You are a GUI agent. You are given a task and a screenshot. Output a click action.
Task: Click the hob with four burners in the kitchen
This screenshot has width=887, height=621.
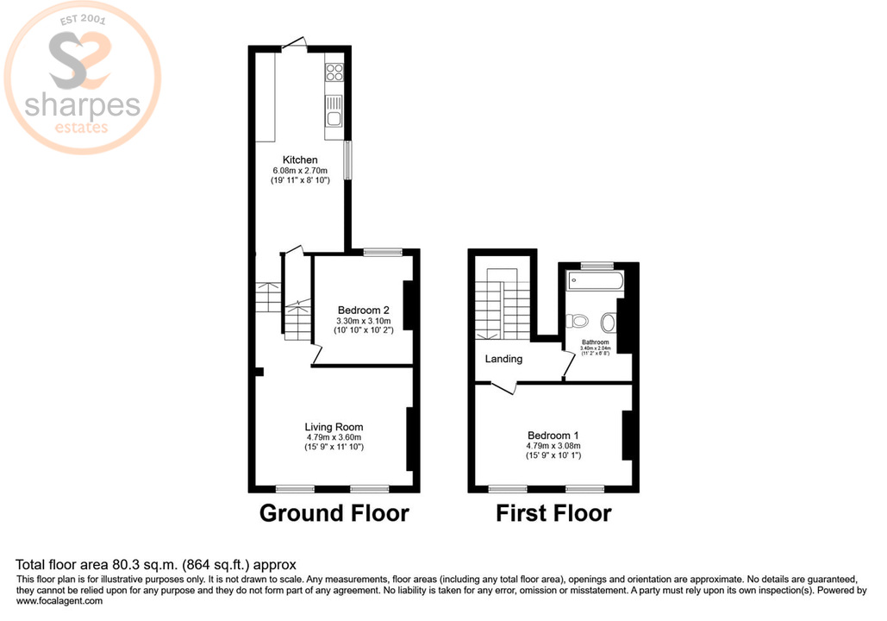pos(334,73)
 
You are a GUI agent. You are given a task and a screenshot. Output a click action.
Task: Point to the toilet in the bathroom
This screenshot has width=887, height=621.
pos(579,321)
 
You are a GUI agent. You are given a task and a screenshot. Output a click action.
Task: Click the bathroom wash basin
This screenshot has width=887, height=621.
pos(609,323)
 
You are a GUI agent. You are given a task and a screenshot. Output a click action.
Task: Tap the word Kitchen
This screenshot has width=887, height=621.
pos(301,160)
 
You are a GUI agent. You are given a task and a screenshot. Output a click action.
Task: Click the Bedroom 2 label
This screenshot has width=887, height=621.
pos(364,310)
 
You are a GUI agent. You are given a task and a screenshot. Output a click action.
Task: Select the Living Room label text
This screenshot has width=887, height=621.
pos(334,426)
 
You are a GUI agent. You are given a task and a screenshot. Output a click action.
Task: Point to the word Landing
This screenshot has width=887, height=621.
pos(503,359)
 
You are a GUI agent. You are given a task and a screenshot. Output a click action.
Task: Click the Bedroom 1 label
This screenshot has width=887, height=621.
pos(553,436)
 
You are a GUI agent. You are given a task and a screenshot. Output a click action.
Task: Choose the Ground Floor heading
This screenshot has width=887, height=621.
pos(334,514)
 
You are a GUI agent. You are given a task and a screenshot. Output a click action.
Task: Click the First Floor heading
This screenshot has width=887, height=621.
pos(553,514)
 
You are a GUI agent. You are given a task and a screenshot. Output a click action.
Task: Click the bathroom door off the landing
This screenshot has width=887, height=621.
pos(565,367)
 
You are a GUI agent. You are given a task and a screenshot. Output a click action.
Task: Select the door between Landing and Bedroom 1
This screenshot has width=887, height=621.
pos(503,387)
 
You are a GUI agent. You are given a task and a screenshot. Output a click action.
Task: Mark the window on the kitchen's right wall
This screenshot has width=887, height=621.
pos(347,160)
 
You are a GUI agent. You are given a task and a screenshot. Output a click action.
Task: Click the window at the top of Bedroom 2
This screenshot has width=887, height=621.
pos(382,252)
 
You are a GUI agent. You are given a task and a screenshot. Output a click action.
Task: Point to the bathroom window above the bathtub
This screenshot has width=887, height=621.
pos(596,265)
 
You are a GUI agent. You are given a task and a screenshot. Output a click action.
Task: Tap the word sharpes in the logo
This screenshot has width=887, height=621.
pos(82,105)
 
